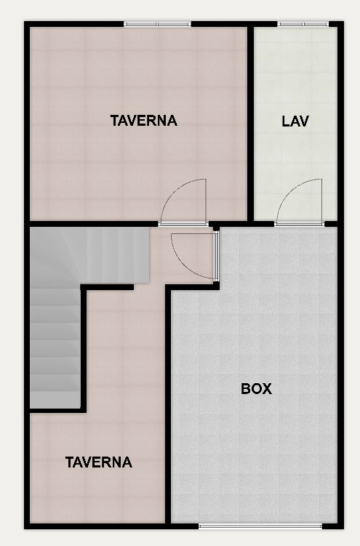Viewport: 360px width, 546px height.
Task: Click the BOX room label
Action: (x=256, y=389)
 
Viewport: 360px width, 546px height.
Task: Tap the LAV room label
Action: (x=295, y=121)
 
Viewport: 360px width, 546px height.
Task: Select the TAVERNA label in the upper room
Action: (x=144, y=121)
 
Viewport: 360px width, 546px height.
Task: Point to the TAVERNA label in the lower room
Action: (x=99, y=462)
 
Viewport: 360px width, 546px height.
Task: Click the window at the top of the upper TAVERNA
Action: (x=157, y=24)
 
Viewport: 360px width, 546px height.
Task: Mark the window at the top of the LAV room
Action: (x=303, y=24)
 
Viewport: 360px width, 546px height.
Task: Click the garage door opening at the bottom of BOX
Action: (x=260, y=526)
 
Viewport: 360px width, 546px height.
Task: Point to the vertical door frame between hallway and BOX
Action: (x=216, y=256)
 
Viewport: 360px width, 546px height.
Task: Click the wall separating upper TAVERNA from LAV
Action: (x=250, y=124)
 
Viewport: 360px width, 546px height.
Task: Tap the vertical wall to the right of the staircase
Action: (x=84, y=348)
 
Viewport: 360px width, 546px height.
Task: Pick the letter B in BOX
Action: (x=246, y=389)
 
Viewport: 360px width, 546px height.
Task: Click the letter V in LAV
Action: (x=303, y=121)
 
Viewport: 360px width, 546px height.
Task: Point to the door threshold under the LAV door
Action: (x=300, y=224)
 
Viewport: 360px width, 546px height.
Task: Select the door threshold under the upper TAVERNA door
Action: (x=183, y=224)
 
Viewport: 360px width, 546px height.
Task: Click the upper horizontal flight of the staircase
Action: (x=90, y=255)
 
